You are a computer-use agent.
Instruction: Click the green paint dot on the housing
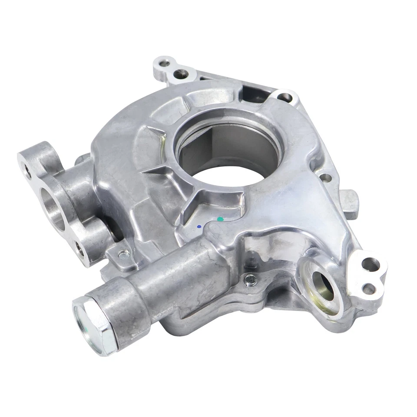pyautogui.click(x=220, y=219)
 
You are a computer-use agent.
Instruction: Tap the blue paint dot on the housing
pyautogui.click(x=199, y=226)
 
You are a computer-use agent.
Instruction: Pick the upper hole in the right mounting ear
pyautogui.click(x=371, y=263)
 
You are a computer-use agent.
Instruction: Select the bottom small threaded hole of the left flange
pyautogui.click(x=80, y=249)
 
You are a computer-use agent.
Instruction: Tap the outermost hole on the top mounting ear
pyautogui.click(x=164, y=63)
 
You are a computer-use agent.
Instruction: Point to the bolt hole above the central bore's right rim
pyautogui.click(x=285, y=97)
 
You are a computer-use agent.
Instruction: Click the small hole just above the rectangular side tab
pyautogui.click(x=324, y=177)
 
